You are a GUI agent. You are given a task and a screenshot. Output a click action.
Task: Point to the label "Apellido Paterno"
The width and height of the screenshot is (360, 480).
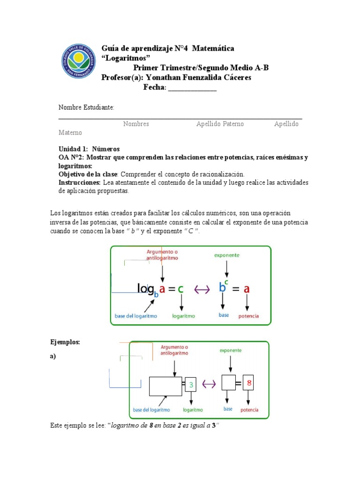(x=220, y=124)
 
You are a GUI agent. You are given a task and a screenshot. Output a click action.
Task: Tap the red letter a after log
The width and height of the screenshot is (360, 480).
(x=162, y=289)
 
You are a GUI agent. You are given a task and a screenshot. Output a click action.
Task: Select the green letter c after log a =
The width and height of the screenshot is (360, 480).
(x=180, y=289)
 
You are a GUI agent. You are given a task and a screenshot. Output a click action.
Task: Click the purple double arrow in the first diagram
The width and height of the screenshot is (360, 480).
(x=202, y=289)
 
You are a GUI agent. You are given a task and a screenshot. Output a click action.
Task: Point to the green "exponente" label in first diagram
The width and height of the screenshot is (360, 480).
(x=227, y=255)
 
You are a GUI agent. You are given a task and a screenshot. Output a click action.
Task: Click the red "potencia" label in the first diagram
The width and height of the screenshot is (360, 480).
(x=248, y=316)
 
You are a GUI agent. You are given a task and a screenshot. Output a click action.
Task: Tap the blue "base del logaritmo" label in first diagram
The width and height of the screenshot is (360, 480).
(x=136, y=316)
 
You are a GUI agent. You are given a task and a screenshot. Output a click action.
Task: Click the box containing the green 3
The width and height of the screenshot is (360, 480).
(x=191, y=384)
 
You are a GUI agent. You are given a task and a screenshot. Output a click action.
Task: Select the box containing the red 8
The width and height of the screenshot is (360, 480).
(x=249, y=383)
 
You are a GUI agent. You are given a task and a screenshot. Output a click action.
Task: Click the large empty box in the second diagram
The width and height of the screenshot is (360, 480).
(x=165, y=386)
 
